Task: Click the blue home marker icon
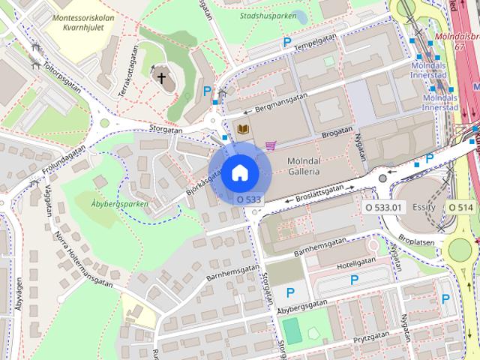238,172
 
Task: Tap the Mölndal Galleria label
304,166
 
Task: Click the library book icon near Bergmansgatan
243,129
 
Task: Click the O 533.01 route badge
383,206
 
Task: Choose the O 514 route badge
461,206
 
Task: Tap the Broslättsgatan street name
314,190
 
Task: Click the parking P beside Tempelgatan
286,43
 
